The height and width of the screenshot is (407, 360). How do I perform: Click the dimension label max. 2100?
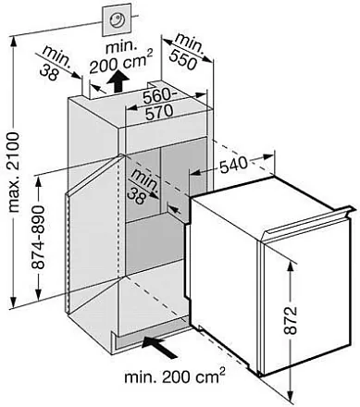tap(14, 172)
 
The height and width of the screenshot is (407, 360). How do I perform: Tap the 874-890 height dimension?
tap(39, 237)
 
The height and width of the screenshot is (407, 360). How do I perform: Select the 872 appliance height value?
tap(290, 320)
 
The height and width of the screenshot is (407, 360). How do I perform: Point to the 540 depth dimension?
tap(233, 165)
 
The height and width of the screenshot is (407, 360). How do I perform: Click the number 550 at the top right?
tap(183, 59)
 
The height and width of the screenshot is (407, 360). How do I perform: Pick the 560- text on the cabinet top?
tap(157, 96)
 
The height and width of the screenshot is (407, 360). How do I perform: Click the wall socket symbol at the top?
tap(118, 20)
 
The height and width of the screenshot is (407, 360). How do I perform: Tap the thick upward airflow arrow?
tap(119, 81)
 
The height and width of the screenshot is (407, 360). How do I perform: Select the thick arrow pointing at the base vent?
tap(160, 346)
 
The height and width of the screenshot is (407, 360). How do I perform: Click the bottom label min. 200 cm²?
tap(175, 376)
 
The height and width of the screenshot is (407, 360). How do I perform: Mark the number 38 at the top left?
tap(49, 72)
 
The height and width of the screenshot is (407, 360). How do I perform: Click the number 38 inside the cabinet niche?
tap(136, 196)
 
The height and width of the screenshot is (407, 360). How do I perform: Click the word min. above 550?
tap(190, 43)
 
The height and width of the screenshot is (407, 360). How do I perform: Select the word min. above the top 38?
tap(56, 56)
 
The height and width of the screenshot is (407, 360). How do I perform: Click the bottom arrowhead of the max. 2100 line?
tap(13, 300)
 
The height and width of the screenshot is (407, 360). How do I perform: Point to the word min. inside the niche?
tap(145, 181)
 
